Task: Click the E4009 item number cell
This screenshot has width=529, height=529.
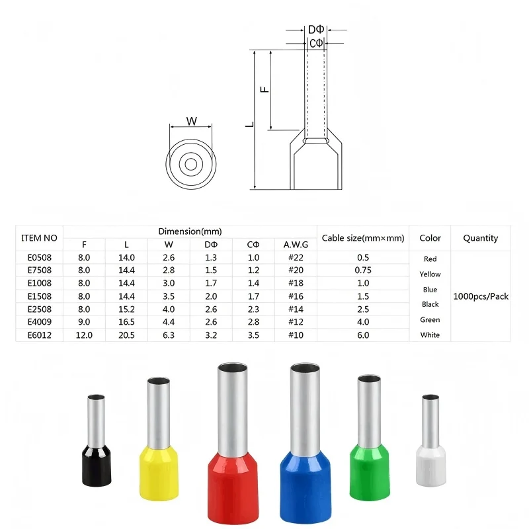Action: pos(40,322)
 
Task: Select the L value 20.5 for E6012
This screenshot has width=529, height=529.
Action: pos(126,335)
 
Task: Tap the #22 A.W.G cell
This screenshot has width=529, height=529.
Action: pos(296,257)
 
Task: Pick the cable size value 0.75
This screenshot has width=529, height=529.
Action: pos(363,270)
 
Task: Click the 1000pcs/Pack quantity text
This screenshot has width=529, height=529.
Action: pos(481,296)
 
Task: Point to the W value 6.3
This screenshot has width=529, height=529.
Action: pos(169,335)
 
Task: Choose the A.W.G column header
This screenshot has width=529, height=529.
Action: pos(296,244)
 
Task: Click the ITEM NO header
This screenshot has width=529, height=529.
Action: pos(39,238)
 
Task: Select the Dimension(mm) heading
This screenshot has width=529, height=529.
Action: pos(190,231)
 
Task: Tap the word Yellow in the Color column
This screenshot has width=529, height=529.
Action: pos(430,274)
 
